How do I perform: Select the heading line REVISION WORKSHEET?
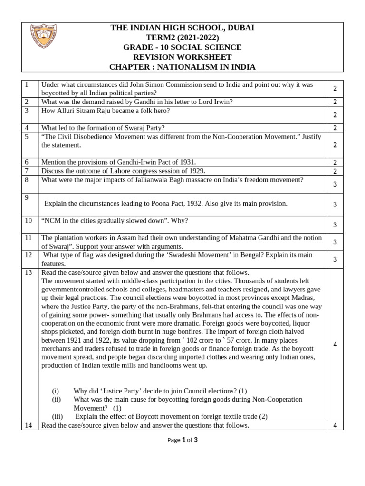click(x=182, y=57)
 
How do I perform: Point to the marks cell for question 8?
click(x=335, y=184)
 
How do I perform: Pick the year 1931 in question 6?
click(x=186, y=162)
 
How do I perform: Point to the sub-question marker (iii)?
click(x=58, y=416)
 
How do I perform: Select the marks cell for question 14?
click(x=335, y=425)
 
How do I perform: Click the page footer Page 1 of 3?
click(x=183, y=440)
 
